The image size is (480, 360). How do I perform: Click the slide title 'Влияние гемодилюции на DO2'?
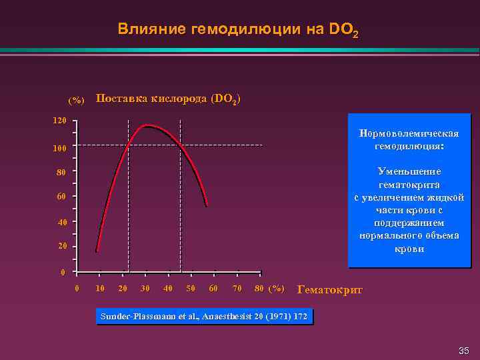[238, 29]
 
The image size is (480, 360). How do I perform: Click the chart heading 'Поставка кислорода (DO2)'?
[168, 99]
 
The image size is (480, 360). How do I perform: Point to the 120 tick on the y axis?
[60, 121]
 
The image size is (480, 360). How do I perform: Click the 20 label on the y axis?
[61, 248]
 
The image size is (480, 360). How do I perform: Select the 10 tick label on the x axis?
[99, 288]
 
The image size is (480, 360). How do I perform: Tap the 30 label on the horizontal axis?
[145, 288]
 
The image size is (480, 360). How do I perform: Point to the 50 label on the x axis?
[191, 288]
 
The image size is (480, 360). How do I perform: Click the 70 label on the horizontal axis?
[237, 288]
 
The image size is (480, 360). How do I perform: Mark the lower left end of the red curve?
[97, 251]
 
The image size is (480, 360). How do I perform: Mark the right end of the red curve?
[207, 207]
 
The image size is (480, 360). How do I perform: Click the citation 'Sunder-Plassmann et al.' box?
[204, 316]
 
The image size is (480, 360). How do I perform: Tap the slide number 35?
[464, 351]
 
